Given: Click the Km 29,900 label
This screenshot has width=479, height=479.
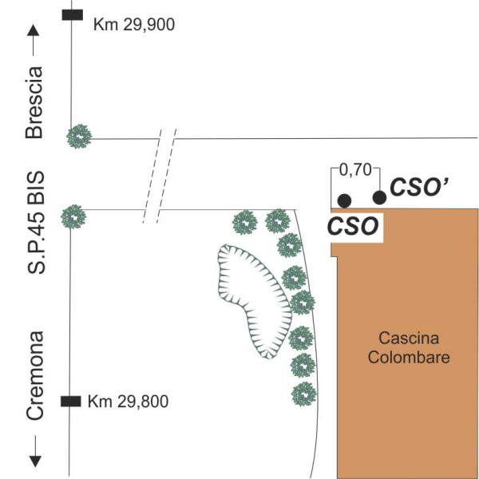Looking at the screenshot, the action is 134,25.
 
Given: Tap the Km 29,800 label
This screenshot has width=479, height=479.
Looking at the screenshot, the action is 128,401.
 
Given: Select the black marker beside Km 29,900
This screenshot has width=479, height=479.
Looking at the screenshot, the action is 73,14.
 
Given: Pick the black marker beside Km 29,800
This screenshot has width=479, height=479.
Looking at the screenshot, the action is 71,402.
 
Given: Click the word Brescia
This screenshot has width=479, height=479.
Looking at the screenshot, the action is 34,102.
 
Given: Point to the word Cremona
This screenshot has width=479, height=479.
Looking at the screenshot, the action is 35,375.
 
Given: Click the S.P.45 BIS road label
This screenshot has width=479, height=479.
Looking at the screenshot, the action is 36,223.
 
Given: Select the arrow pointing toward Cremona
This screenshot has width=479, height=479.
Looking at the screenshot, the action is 35,451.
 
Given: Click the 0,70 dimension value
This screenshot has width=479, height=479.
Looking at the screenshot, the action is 355,170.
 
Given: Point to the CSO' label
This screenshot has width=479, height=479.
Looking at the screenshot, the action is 419,187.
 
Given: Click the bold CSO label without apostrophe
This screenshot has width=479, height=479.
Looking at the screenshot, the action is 353,227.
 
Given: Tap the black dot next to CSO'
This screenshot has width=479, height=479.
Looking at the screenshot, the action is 379,198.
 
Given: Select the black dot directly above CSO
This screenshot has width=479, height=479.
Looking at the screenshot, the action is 344,201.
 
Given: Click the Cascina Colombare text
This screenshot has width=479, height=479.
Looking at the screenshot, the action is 409,347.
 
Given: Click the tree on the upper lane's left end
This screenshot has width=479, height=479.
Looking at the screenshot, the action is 79,137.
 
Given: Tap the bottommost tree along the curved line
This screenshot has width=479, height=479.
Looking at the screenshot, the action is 304,394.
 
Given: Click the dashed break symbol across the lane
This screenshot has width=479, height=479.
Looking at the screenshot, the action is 160,176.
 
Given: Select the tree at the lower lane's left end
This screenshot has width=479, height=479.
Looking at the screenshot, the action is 73,216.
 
